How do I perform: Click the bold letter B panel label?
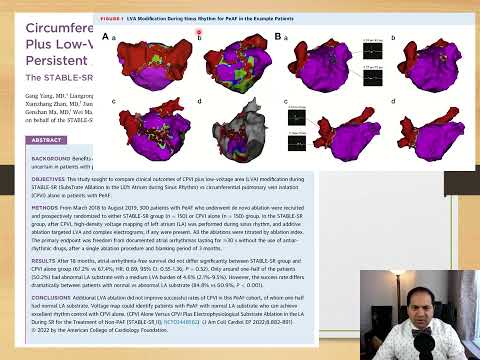276,36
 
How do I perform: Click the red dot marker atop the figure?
199,33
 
